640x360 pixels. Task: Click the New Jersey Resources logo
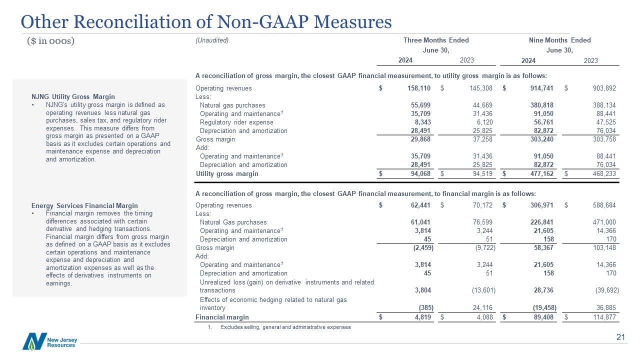point(49,342)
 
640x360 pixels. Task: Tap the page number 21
point(620,338)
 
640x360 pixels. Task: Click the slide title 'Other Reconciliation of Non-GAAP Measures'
point(205,21)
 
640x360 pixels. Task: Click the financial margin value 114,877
point(604,317)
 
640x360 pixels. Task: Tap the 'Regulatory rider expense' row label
point(237,122)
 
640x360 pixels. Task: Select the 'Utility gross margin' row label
point(227,174)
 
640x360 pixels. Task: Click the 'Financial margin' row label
point(222,317)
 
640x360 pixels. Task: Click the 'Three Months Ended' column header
point(436,40)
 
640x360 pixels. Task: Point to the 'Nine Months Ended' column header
point(559,40)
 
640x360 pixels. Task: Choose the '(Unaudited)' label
point(212,40)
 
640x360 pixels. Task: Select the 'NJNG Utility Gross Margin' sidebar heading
point(73,96)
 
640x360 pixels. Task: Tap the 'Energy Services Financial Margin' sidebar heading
point(84,205)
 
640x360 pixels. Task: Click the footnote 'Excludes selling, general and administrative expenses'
point(285,327)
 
